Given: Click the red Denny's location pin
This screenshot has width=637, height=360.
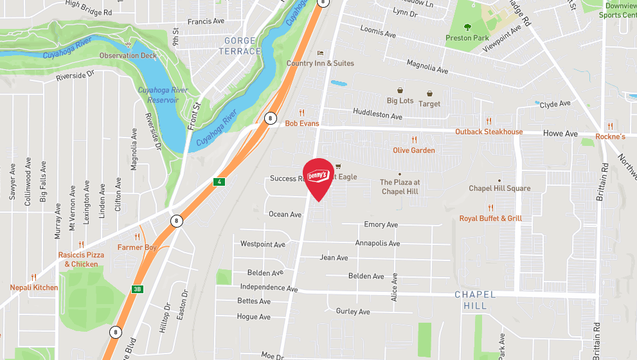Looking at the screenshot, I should pos(318,177).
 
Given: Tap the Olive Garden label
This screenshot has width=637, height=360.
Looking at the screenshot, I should pos(414,150).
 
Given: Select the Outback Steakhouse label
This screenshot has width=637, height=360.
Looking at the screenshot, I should pos(489,132).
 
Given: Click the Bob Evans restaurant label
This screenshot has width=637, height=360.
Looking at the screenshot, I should pos(301,123).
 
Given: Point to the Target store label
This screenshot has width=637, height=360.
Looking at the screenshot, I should pos(429,104).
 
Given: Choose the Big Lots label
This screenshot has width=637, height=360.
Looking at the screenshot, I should pos(400,101).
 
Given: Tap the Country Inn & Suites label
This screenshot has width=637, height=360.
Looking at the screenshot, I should pos(320,63).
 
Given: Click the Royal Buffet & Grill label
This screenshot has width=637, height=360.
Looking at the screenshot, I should pos(490,219).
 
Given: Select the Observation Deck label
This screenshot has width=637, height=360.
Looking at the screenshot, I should pos(128,55).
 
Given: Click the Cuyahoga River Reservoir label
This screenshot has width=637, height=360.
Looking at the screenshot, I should pos(163,94).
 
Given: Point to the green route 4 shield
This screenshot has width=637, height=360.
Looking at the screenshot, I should pos(219,182).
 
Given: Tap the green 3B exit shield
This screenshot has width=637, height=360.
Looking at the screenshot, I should pos(137,289).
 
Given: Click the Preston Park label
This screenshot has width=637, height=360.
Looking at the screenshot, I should pos(467,38).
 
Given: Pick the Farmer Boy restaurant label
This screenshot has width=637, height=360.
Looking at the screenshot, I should pos(136,248).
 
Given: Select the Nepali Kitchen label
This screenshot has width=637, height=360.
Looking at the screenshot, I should pos(33,287).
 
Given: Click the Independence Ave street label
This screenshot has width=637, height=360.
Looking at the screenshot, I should pos(269,288).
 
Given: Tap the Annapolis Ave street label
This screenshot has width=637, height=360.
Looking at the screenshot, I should pos(377,244).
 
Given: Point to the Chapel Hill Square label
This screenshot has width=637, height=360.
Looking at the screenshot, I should pos(499,188).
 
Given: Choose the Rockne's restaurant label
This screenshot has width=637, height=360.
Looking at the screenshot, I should pos(610,136).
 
